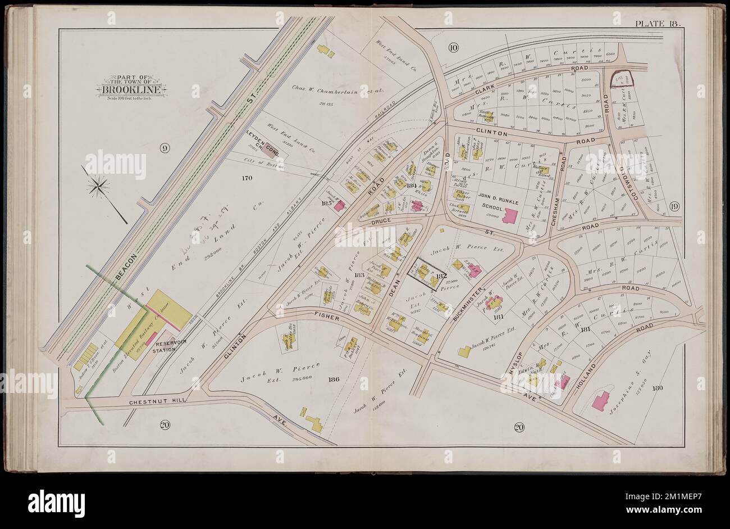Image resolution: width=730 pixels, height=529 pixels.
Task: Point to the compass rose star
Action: (x=99, y=186)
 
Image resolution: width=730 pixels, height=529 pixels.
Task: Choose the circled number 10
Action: (x=453, y=47)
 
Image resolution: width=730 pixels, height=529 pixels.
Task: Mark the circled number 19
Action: (x=674, y=206)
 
